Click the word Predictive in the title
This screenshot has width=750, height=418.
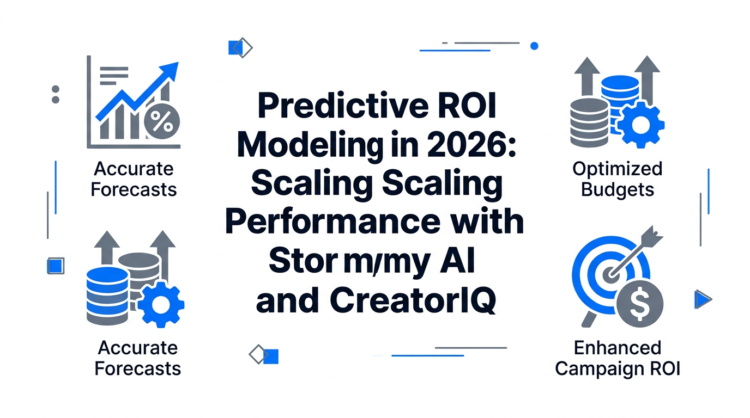[x=343, y=106]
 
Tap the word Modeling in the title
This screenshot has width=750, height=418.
[x=310, y=146]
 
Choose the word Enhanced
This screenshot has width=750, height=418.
[x=618, y=348]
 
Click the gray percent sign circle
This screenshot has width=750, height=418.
[x=162, y=121]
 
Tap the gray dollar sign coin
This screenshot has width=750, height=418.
[x=640, y=304]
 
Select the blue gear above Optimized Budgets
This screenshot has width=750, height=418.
[x=641, y=125]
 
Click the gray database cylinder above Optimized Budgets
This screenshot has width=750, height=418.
[x=589, y=122]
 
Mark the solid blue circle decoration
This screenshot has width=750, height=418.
[x=534, y=46]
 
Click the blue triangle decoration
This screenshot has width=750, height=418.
[x=702, y=299]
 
